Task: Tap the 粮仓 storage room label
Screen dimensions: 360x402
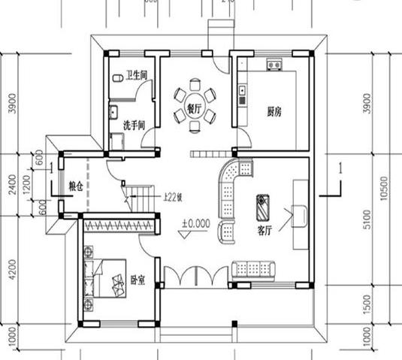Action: point(74,185)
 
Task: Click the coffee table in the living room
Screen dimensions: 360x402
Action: point(264,202)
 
